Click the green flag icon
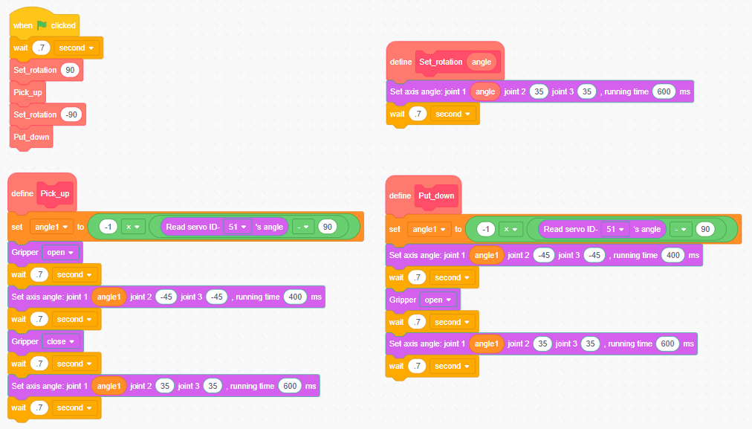pyautogui.click(x=42, y=25)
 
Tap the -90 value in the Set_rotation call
pyautogui.click(x=71, y=114)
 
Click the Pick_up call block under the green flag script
pyautogui.click(x=28, y=93)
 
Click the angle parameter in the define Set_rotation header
pyautogui.click(x=482, y=62)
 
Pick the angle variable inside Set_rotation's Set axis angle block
pyautogui.click(x=484, y=91)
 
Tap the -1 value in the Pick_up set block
pyautogui.click(x=108, y=227)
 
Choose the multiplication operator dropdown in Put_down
pyautogui.click(x=510, y=229)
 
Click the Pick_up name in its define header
pyautogui.click(x=55, y=193)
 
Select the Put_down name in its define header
pyautogui.click(x=436, y=196)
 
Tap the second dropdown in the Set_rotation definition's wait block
pyautogui.click(x=453, y=114)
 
